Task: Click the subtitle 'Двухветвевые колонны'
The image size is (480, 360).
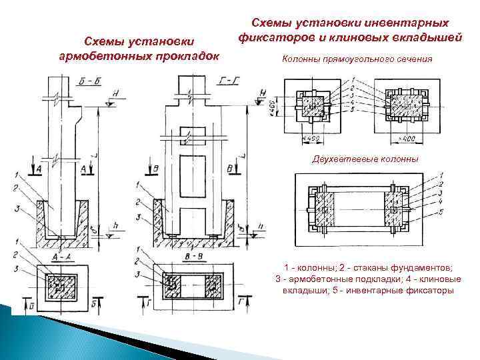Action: (x=365, y=160)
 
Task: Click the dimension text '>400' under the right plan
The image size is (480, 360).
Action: (x=407, y=138)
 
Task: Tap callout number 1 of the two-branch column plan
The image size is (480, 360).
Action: (x=441, y=175)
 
